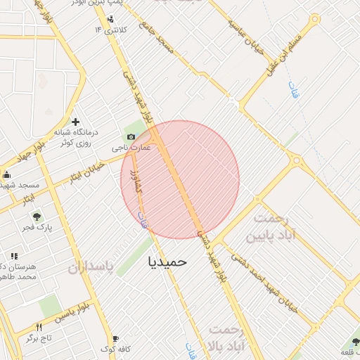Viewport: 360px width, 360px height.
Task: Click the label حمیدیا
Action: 168,261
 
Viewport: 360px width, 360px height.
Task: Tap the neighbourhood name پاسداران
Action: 91,268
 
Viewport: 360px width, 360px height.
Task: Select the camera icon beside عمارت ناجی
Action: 130,137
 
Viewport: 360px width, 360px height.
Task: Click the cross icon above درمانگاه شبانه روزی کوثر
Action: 75,122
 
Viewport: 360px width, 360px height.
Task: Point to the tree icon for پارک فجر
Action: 37,216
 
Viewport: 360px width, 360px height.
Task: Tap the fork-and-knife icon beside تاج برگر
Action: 39,327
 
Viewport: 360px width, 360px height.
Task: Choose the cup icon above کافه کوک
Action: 115,338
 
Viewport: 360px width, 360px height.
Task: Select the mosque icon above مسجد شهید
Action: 6,174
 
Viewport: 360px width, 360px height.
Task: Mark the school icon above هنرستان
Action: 14,256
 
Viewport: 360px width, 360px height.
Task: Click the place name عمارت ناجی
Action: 132,149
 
